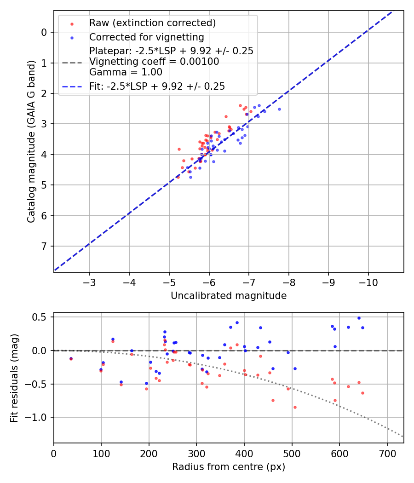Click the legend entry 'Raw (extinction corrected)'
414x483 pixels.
coord(152,23)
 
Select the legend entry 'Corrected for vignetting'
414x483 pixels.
coord(146,37)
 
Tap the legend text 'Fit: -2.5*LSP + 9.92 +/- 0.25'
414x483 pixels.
coord(157,86)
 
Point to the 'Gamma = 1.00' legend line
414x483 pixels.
coord(126,72)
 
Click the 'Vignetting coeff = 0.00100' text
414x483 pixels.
coord(154,62)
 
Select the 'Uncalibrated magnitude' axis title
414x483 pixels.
coord(229,296)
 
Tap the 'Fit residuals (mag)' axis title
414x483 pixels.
coord(14,378)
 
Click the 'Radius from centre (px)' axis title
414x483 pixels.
coord(229,467)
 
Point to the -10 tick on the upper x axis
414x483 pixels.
coord(368,281)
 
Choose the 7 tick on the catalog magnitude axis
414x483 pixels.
coord(44,246)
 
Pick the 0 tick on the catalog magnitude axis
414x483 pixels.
coord(44,32)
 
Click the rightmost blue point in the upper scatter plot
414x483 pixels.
coord(279,109)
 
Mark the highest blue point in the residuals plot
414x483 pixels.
coord(359,318)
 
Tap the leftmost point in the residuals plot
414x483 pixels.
coord(71,358)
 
